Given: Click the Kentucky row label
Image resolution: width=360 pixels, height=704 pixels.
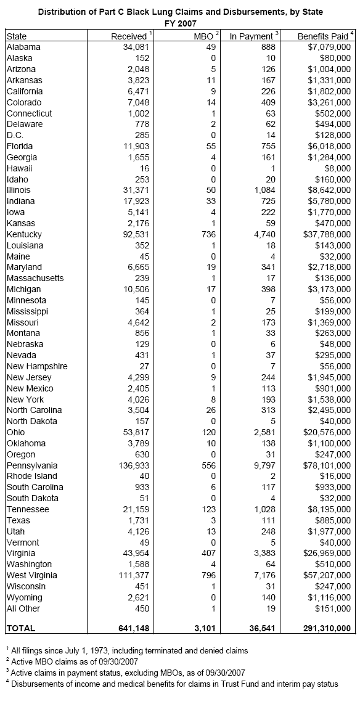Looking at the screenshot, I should tap(24, 234).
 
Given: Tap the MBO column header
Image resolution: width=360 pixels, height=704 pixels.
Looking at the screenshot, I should tap(203, 36).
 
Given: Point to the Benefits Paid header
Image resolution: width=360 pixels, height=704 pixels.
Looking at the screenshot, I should tap(324, 36).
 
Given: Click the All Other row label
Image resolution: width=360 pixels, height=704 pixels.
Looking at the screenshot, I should tap(23, 608).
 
